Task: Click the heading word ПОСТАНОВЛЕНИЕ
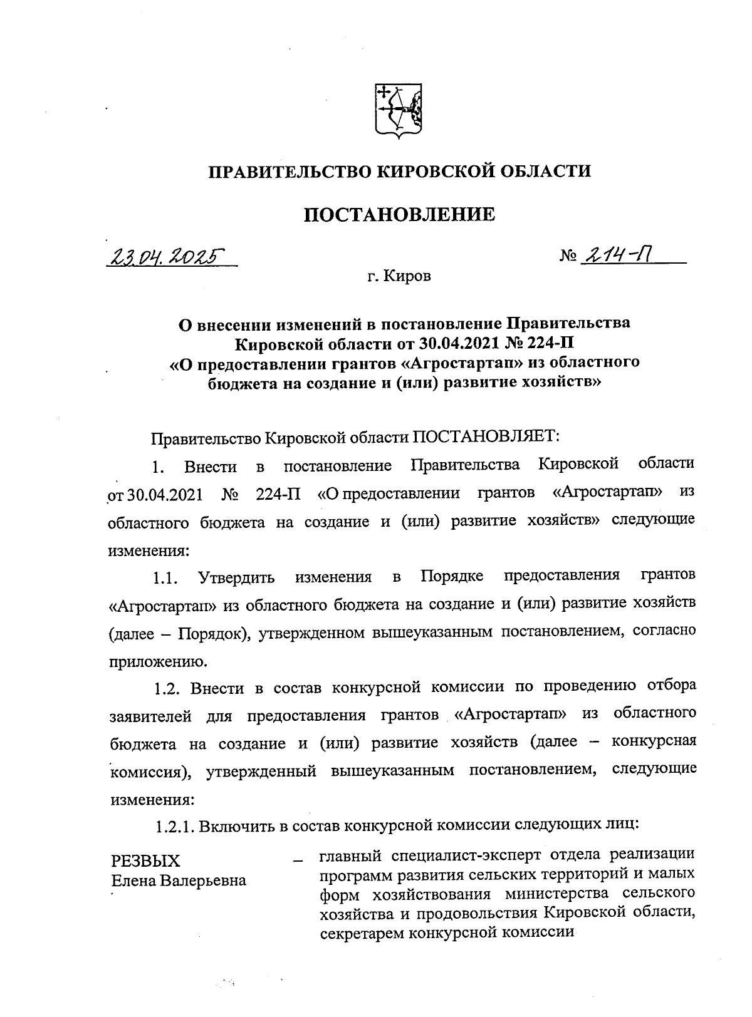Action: [x=400, y=215]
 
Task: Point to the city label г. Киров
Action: [x=399, y=276]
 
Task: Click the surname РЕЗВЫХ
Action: [x=145, y=860]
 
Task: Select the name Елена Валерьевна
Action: [x=179, y=880]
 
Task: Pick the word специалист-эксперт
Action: [x=464, y=854]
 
